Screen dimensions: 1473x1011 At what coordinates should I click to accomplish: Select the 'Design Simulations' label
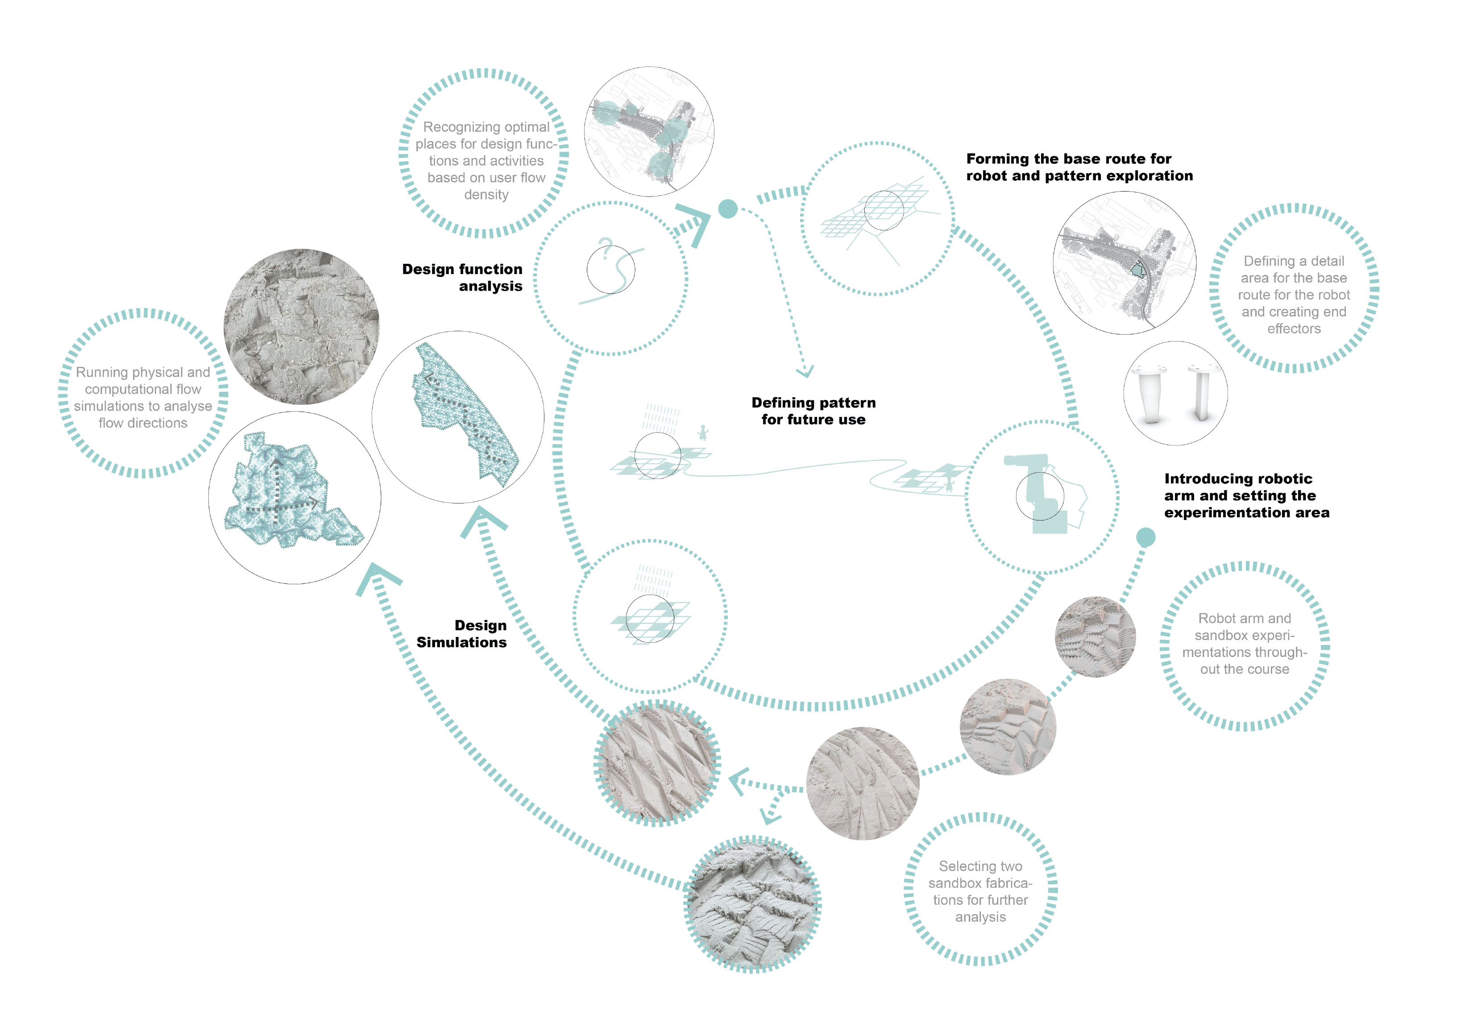pyautogui.click(x=461, y=633)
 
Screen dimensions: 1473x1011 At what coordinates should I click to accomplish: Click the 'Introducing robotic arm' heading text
pyautogui.click(x=1247, y=495)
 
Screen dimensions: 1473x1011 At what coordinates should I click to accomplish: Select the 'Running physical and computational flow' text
pyautogui.click(x=143, y=397)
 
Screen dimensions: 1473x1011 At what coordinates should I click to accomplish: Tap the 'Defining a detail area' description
pyautogui.click(x=1294, y=295)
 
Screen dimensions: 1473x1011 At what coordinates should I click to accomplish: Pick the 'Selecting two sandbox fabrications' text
pyautogui.click(x=980, y=891)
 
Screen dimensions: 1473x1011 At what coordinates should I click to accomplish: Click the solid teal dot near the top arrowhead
pyautogui.click(x=728, y=208)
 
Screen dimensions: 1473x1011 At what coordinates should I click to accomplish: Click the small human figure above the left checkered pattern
pyautogui.click(x=702, y=433)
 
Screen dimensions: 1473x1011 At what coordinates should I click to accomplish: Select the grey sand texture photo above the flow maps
pyautogui.click(x=301, y=326)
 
